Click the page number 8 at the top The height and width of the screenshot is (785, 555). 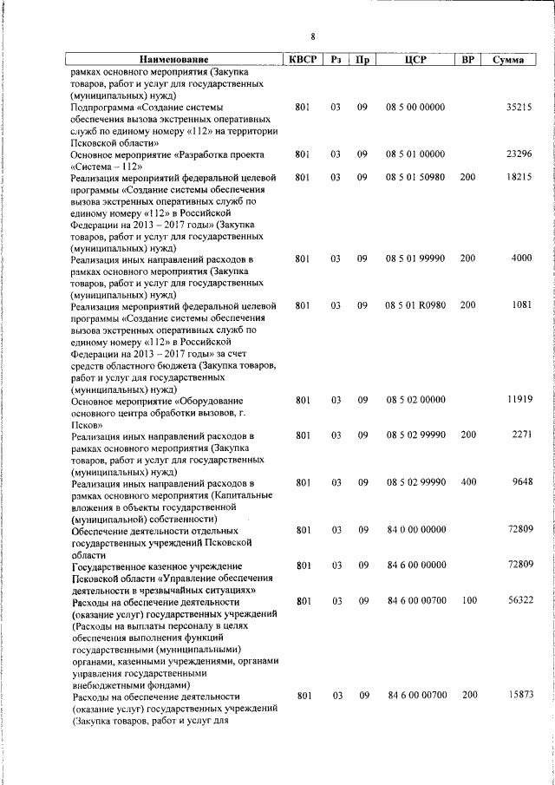coord(313,36)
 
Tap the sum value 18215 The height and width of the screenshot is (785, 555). coord(519,177)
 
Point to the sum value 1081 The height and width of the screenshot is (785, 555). coord(521,305)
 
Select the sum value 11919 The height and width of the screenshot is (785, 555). coord(519,400)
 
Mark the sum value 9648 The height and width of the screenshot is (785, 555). coord(521,482)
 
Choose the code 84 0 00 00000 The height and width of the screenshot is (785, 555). coord(416,529)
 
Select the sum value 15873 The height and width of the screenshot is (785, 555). coord(519,695)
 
